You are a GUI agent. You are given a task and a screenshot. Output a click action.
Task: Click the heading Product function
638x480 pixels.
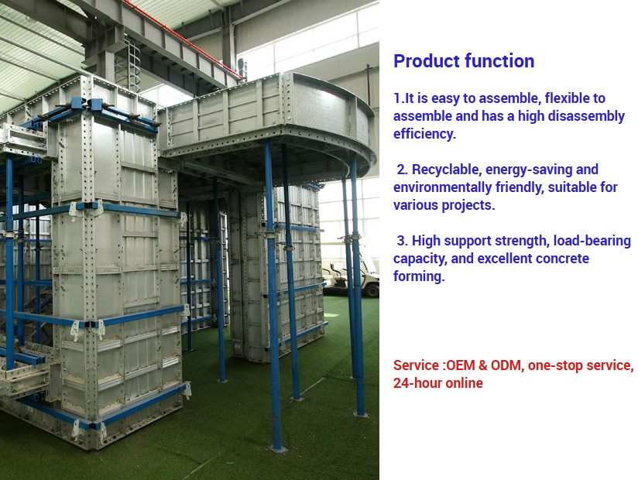pos(464,61)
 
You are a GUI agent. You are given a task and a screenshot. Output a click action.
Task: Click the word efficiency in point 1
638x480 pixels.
pos(424,134)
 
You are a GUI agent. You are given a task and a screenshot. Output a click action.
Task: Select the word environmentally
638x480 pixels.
pos(442,187)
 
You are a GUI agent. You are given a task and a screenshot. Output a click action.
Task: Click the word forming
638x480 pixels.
pos(419,276)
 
